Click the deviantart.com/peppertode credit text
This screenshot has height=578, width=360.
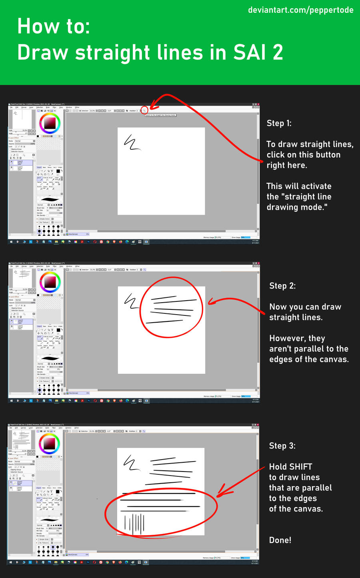[300, 10]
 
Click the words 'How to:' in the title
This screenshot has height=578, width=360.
[54, 26]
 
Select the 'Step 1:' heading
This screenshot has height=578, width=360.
[279, 123]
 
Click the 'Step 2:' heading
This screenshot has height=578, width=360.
[282, 286]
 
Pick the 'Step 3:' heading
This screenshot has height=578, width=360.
[282, 446]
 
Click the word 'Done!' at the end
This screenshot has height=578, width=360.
[280, 540]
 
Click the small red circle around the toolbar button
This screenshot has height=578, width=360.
[144, 110]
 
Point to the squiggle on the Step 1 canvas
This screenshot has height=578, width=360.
[132, 143]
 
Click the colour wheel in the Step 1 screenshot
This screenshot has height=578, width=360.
[50, 123]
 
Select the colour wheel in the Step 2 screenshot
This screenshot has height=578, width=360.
[50, 282]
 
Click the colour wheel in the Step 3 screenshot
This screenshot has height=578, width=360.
[49, 444]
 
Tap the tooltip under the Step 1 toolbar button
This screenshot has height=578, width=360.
[160, 115]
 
